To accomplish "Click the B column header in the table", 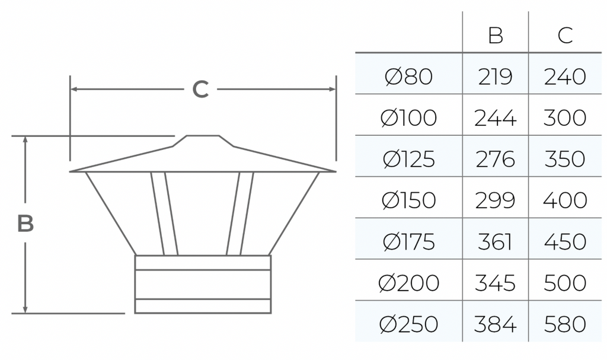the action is (496, 35).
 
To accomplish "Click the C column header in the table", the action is (565, 35).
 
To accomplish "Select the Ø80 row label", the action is (409, 77).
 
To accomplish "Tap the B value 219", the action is (495, 77).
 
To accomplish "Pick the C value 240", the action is (565, 77).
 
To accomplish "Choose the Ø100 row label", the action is (409, 118).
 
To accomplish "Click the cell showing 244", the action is (495, 118).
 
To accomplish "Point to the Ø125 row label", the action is (409, 160).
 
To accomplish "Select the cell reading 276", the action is (495, 160).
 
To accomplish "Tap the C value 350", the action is (565, 160).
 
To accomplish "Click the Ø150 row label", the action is (409, 200).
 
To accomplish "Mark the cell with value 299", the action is (495, 200).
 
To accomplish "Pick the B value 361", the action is (495, 242).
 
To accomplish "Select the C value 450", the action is (565, 242).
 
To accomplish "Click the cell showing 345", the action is (495, 283).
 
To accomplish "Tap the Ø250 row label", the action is (409, 324).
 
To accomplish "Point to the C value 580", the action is (565, 324).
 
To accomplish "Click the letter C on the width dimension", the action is (200, 89).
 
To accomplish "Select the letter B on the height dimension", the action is (25, 223).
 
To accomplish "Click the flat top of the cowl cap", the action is (203, 136).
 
